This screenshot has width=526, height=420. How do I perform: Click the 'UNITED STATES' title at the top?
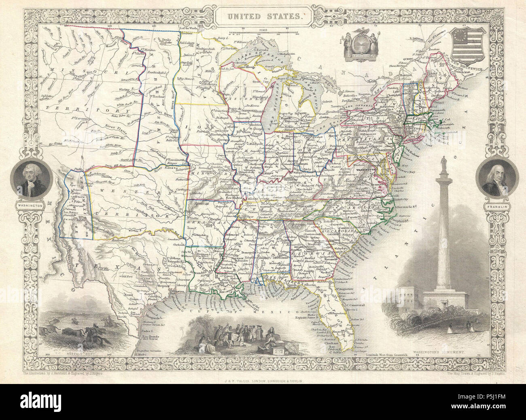(263, 17)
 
